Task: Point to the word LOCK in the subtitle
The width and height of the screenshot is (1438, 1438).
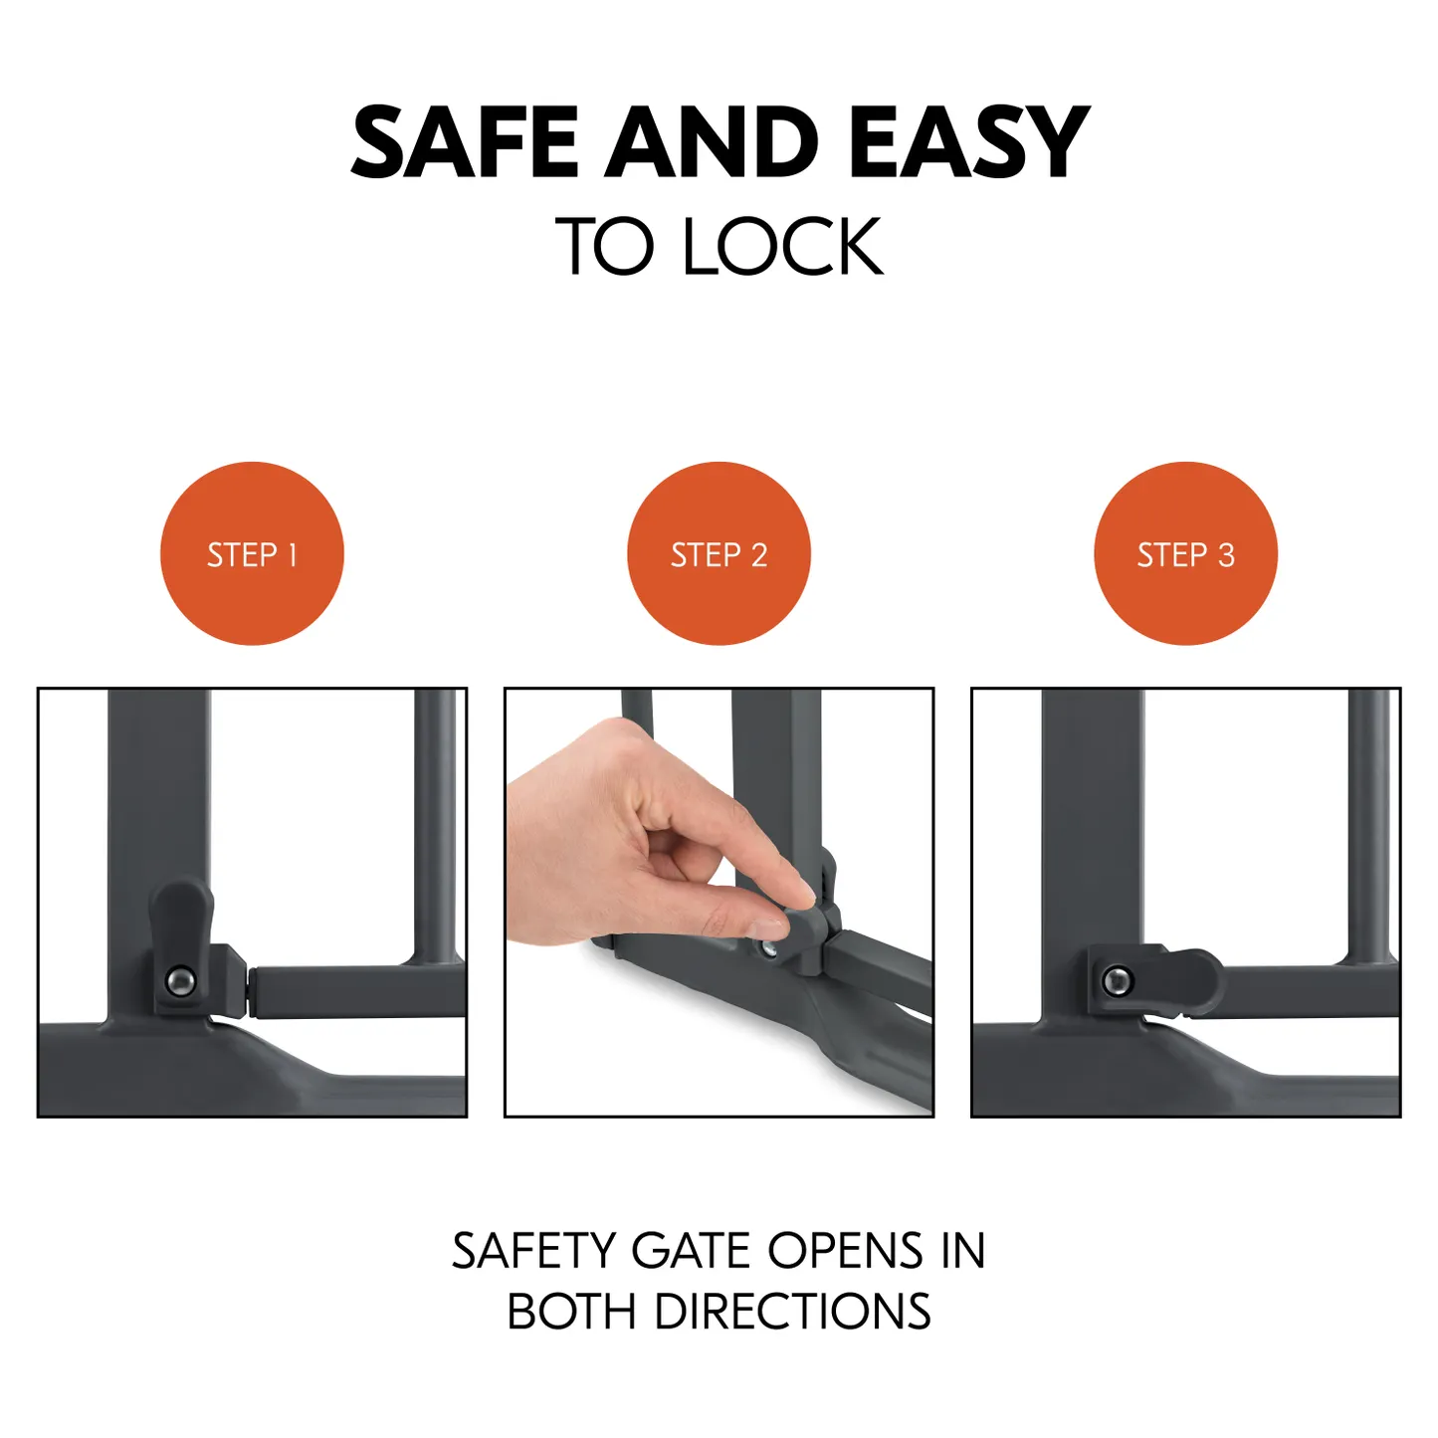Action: pos(783,246)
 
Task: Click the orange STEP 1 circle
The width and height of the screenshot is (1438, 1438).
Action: pos(252,553)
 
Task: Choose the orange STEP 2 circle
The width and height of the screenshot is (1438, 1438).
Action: pos(719,553)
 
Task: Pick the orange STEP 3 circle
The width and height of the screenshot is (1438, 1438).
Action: pos(1186,553)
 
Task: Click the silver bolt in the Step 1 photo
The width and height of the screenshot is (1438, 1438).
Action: pos(180,981)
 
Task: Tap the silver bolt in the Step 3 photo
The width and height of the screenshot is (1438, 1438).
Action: pos(1118,980)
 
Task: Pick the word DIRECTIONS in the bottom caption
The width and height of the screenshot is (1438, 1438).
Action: pos(792,1312)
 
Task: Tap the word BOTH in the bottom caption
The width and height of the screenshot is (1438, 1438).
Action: pos(571,1312)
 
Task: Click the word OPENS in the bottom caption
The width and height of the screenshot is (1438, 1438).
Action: pos(846,1250)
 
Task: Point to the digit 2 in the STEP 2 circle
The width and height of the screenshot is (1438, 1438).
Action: pos(759,555)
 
